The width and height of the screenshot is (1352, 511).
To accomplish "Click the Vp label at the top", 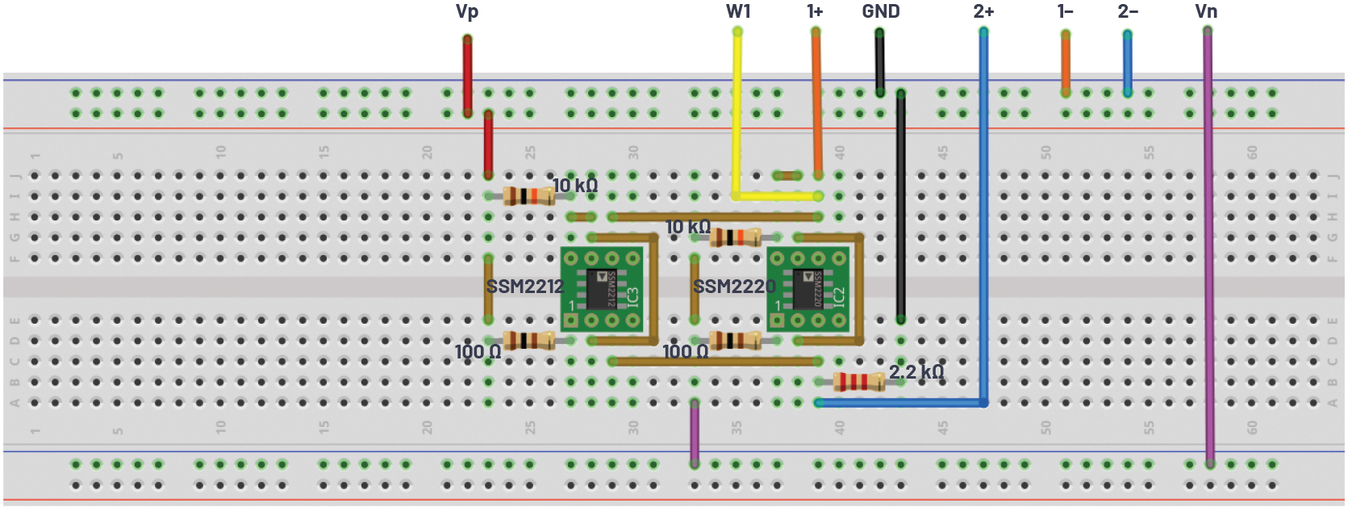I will (466, 11).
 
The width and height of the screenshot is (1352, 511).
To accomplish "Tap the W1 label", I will (737, 11).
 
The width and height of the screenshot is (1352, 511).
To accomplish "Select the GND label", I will (880, 11).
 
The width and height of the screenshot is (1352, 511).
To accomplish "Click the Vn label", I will (1205, 11).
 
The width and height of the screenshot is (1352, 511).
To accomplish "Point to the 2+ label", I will (983, 11).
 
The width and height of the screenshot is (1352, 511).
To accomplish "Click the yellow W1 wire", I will (737, 113).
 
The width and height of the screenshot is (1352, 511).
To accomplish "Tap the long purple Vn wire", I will (1208, 242).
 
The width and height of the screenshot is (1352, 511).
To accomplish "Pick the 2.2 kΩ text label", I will (916, 372).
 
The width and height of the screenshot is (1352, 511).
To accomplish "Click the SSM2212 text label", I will (524, 287).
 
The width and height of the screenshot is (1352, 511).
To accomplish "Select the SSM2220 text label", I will (734, 287).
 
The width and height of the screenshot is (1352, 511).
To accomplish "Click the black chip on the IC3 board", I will (602, 290).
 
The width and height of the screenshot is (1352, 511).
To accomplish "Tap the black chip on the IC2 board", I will (807, 290).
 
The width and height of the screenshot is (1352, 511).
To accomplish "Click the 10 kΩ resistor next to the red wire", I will (528, 195).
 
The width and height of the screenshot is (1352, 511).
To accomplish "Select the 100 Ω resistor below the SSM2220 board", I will (734, 340).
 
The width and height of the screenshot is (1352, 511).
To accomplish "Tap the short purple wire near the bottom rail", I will (695, 433).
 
